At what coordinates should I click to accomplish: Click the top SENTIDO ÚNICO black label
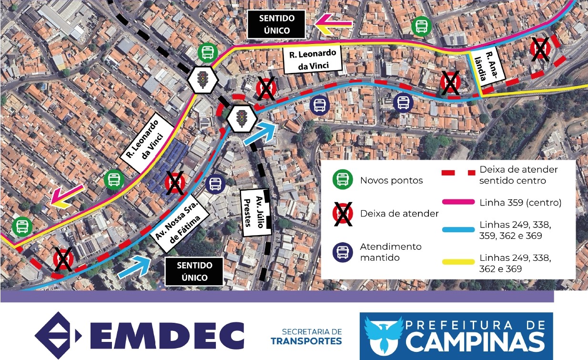(276, 25)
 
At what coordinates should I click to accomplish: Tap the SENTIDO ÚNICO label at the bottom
(194, 271)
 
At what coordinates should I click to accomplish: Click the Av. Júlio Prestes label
(255, 211)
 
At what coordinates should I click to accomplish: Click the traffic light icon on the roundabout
(242, 117)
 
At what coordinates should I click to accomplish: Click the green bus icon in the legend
(342, 180)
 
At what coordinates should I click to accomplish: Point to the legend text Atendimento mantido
(384, 252)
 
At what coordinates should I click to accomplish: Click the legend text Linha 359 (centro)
(520, 203)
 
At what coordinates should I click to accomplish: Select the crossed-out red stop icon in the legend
(342, 214)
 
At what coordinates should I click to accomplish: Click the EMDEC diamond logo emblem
(57, 335)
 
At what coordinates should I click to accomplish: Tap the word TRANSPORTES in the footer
(306, 341)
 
